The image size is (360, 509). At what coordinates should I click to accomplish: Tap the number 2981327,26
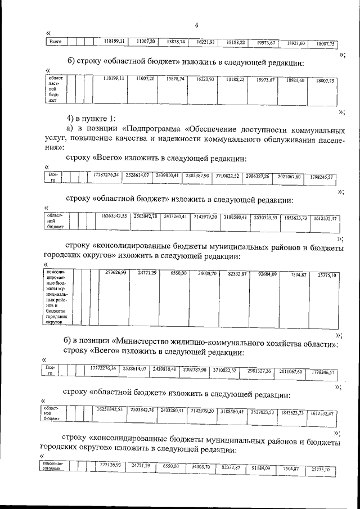[259, 371]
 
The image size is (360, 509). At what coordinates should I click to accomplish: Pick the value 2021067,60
[291, 177]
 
